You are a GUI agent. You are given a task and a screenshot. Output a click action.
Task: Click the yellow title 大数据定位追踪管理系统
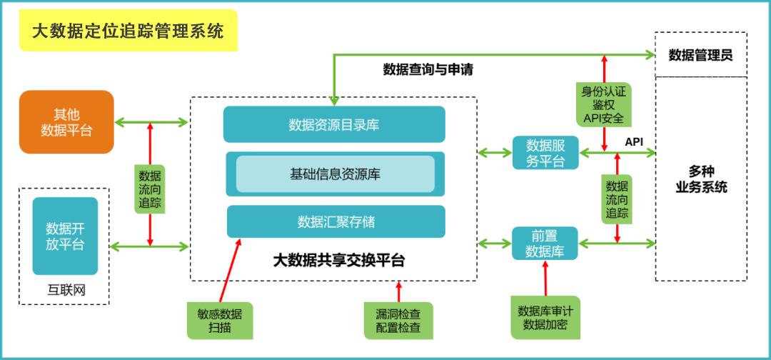click(128, 31)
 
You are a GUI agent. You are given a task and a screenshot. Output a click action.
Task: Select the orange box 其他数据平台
click(66, 122)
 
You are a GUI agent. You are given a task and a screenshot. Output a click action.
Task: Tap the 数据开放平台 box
click(65, 236)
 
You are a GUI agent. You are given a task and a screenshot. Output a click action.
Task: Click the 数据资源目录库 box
click(333, 124)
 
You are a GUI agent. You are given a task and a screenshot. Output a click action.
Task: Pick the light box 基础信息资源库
click(335, 174)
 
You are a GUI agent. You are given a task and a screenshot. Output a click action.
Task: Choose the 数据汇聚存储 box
click(336, 221)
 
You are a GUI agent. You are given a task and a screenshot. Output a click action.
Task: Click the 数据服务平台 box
click(545, 153)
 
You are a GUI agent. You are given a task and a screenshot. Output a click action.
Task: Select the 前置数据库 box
click(545, 244)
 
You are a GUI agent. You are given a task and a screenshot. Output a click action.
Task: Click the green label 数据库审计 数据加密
click(545, 317)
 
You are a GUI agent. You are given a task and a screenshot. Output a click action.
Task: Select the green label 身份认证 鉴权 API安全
click(604, 104)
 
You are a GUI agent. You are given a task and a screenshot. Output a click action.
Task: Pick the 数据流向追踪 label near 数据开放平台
click(150, 189)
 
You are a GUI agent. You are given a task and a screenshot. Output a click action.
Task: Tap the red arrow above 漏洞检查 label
click(398, 291)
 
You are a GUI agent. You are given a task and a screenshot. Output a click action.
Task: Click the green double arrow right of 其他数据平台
click(151, 122)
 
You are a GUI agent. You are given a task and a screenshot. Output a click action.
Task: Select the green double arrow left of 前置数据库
click(494, 244)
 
